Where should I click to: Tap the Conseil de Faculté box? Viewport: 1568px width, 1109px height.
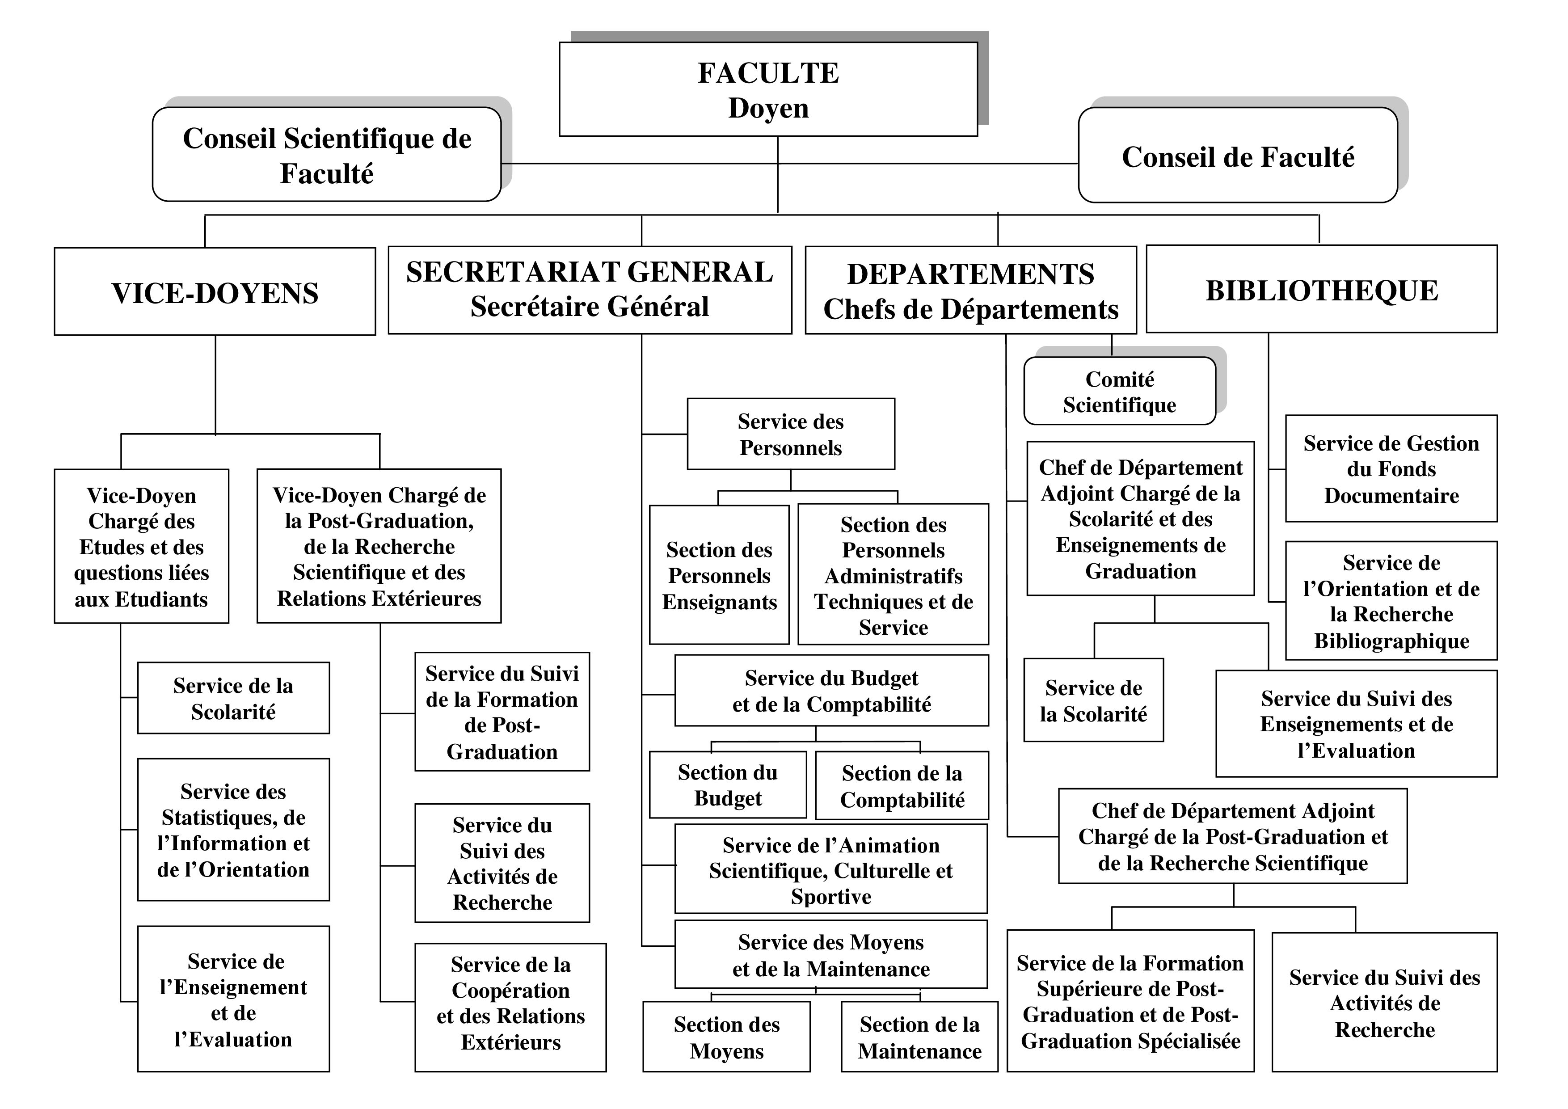pos(1238,156)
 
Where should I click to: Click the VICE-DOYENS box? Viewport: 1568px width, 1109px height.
pos(215,292)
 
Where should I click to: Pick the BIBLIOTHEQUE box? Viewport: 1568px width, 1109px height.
pos(1321,290)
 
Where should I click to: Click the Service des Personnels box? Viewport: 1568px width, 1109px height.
pos(790,434)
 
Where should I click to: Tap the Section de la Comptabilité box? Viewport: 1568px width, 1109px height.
pos(902,786)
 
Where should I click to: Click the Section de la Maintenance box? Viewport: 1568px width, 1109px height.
pos(919,1037)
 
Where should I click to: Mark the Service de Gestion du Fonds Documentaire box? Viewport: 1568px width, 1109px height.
pos(1391,469)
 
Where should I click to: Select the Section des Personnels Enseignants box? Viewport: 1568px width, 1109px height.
pos(719,575)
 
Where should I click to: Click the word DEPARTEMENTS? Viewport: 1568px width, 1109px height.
pos(970,274)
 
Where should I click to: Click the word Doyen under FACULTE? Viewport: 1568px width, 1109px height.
pos(768,108)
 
